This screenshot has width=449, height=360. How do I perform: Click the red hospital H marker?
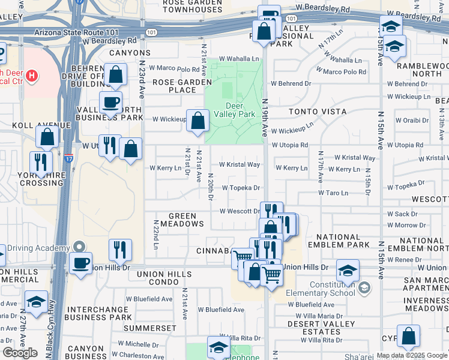pyautogui.click(x=32, y=76)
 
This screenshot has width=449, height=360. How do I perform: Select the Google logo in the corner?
pyautogui.click(x=20, y=353)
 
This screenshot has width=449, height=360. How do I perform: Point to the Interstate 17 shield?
pyautogui.click(x=69, y=158)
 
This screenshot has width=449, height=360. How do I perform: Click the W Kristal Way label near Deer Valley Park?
pyautogui.click(x=240, y=164)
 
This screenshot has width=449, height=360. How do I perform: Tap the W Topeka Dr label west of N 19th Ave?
pyautogui.click(x=241, y=188)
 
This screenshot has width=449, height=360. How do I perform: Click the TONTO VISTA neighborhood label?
pyautogui.click(x=318, y=112)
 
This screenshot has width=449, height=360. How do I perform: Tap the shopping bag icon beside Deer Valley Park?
pyautogui.click(x=197, y=122)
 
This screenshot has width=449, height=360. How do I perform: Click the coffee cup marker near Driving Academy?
pyautogui.click(x=81, y=262)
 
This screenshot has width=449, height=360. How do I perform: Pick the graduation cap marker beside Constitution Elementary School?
pyautogui.click(x=348, y=270)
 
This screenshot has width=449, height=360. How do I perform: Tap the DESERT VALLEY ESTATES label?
pyautogui.click(x=314, y=328)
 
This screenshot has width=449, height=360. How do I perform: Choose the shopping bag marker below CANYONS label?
pyautogui.click(x=116, y=75)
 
